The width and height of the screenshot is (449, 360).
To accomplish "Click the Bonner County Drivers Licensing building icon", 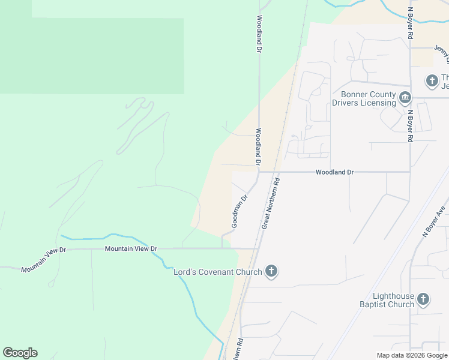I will pos(405,98).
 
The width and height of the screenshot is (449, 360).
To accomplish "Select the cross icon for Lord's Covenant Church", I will pos(271,272).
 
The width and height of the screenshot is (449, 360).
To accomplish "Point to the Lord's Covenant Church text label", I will pos(218,272).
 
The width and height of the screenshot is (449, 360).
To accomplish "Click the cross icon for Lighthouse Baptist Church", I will pos(423,299).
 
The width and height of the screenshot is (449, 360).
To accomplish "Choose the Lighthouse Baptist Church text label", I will pos(394,300).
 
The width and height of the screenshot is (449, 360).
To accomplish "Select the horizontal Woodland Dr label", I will pos(334,172).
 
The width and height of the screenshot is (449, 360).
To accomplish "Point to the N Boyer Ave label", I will pos(435,223).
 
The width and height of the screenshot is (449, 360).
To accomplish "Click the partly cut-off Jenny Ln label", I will pos(443,55).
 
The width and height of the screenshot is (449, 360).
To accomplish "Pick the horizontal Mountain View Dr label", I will pos(130,248).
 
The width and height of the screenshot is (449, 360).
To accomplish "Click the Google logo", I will pos(20,353).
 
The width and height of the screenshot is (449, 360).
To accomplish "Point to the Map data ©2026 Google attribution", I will pos(412,355).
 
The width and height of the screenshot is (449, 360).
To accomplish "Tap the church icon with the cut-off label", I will pos(431,80).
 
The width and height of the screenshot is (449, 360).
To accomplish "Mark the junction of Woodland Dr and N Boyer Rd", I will pos(410,172).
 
